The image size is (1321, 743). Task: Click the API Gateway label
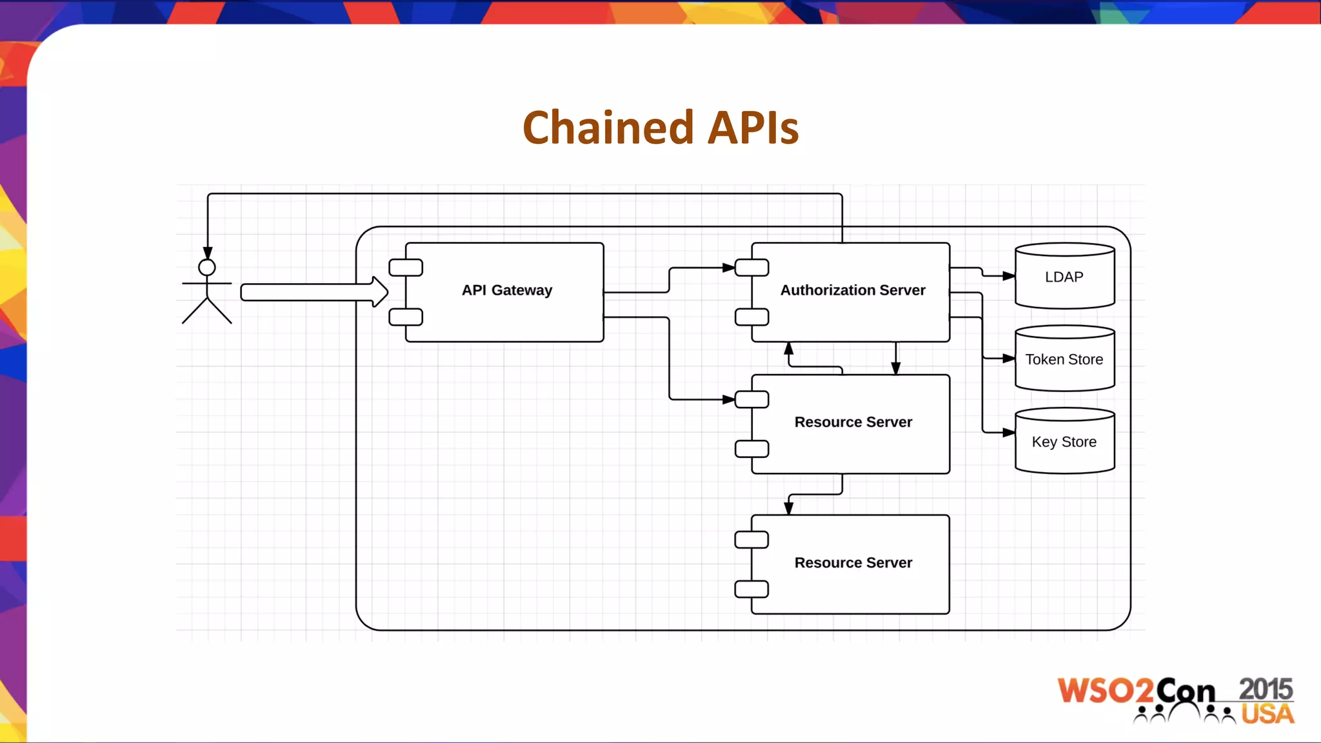click(507, 290)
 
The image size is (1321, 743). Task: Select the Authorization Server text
click(853, 290)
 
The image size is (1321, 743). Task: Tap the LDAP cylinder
click(1064, 277)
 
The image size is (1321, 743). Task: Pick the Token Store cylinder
click(1064, 359)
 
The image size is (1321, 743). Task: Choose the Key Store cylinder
click(1064, 442)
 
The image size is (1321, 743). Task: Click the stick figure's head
click(207, 268)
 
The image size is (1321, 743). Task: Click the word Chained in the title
click(608, 128)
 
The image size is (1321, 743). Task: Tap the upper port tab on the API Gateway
click(406, 268)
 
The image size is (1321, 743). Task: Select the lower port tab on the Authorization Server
click(752, 317)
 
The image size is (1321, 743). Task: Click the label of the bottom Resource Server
click(853, 562)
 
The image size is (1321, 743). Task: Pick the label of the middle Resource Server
click(853, 422)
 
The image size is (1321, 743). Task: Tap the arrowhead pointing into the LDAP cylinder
click(1009, 276)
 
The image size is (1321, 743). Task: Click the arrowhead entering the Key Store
click(1009, 433)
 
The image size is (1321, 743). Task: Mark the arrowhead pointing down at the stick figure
click(208, 253)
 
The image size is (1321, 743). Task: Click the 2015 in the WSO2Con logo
click(1266, 689)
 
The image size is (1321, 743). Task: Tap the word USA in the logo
click(1267, 715)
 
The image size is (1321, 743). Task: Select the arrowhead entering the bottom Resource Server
click(788, 508)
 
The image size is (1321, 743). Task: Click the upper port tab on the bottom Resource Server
click(752, 540)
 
